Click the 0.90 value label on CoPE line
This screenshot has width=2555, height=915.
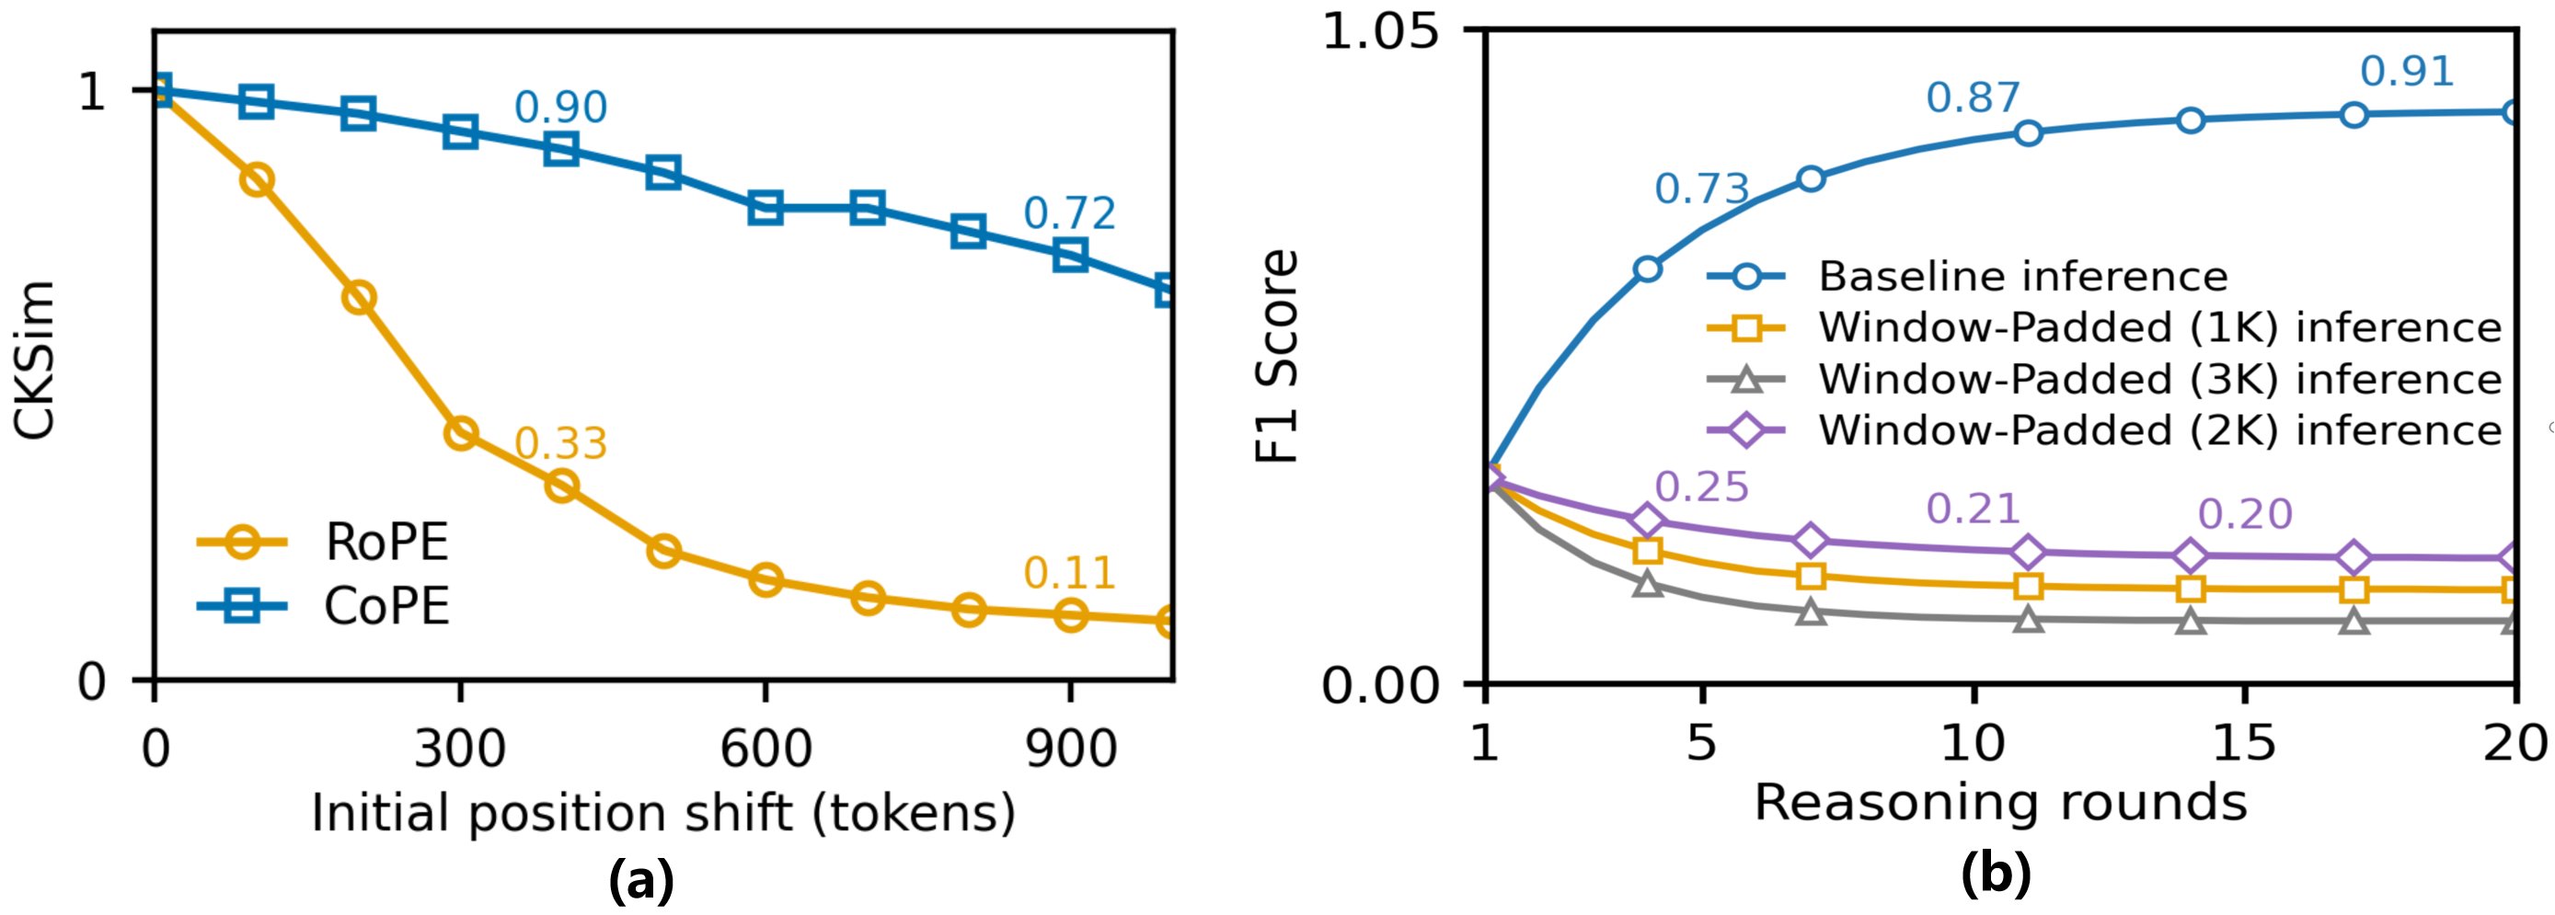560,107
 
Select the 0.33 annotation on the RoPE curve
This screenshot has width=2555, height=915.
560,443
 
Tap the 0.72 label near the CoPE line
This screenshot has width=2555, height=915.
1069,213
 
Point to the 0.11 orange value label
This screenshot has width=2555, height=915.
1069,573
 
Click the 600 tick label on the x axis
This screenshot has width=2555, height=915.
765,749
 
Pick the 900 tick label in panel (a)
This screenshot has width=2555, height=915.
1070,749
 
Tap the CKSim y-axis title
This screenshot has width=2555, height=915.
35,359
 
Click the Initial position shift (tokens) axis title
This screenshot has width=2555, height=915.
663,813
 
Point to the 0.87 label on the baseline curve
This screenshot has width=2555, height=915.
1973,97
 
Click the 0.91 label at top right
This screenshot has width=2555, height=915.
2407,72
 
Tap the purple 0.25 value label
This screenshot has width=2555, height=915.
1701,486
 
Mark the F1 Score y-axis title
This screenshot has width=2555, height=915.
1276,357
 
